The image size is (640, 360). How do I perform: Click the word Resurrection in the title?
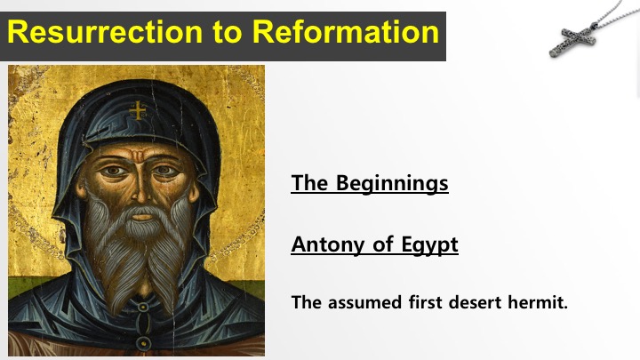coord(105,32)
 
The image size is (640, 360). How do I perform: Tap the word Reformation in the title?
coord(346,32)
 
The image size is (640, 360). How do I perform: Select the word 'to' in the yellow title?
coord(228,33)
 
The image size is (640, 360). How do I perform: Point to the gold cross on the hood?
coord(138,110)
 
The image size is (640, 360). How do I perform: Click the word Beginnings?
coord(392,183)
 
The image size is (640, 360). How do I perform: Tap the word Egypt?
coord(429,245)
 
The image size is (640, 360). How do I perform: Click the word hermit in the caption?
coord(538,302)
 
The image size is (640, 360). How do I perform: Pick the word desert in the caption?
coord(475,303)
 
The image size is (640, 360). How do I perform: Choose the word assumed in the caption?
coord(365,303)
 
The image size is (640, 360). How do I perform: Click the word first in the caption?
coord(425,302)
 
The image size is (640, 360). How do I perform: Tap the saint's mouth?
coord(141,215)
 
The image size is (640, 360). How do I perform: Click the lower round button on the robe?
coord(143,343)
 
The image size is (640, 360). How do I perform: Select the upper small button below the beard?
coord(142,306)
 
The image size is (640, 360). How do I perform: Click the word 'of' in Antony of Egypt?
coord(383,244)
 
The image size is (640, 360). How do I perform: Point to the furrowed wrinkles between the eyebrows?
coord(138,156)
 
